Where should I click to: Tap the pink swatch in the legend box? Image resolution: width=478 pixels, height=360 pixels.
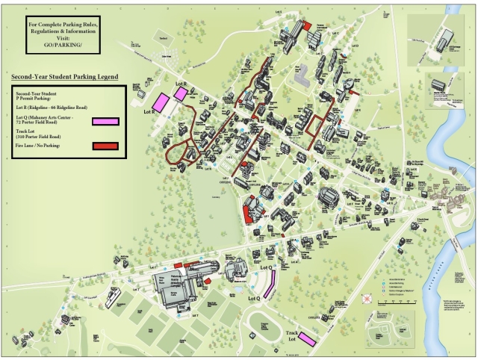(105, 121)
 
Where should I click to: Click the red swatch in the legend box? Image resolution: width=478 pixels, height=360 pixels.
(105, 146)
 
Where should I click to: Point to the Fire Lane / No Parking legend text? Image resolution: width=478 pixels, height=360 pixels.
(43, 146)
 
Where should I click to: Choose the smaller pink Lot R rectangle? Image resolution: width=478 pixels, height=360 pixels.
(181, 93)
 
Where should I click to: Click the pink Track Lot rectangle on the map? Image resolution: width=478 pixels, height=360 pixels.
(308, 339)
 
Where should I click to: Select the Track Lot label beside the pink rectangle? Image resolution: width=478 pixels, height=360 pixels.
(293, 336)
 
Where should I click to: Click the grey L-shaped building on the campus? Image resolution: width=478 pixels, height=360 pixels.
(302, 75)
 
